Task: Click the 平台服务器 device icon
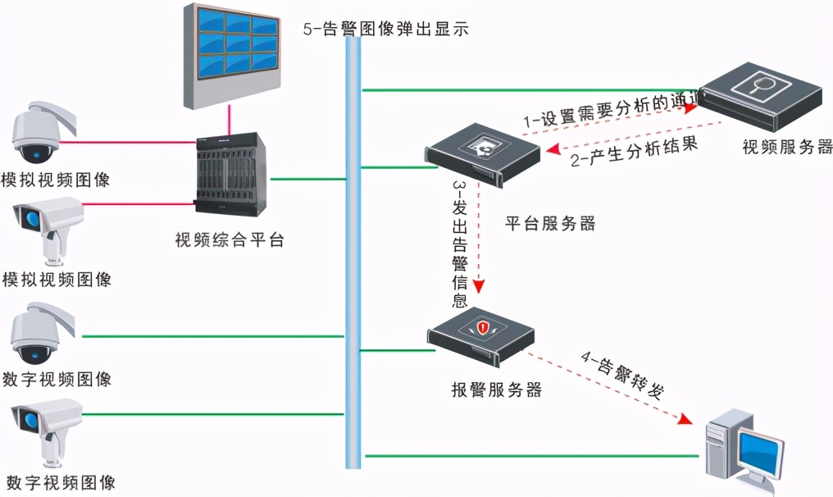tap(482, 156)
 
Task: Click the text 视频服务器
tap(787, 148)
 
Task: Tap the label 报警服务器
tap(496, 390)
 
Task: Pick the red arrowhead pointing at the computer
tap(682, 419)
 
